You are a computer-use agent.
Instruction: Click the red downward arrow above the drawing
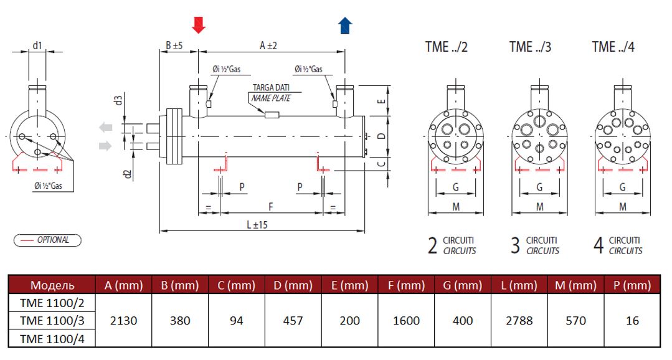(x=199, y=26)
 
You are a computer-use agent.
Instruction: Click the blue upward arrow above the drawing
(x=345, y=26)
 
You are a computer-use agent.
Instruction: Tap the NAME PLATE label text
(x=271, y=98)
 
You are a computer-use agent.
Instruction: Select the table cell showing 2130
(x=123, y=321)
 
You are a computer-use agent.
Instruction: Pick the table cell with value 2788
(x=519, y=321)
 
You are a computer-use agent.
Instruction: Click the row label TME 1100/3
(x=52, y=321)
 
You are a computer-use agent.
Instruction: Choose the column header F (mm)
(x=406, y=285)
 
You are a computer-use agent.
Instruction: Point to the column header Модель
(x=52, y=285)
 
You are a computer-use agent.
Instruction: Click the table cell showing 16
(x=632, y=321)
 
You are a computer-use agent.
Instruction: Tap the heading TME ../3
(x=530, y=47)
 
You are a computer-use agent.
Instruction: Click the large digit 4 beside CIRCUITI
(x=599, y=245)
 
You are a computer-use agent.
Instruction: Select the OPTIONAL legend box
(x=47, y=240)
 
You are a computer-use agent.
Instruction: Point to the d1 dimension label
(x=37, y=45)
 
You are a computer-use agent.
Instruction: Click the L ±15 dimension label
(x=257, y=225)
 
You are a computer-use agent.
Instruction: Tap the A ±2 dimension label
(x=268, y=45)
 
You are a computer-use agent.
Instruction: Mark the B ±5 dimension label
(x=174, y=45)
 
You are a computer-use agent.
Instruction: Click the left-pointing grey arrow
(x=105, y=127)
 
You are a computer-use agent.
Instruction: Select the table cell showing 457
(x=293, y=321)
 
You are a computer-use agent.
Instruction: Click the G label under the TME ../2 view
(x=455, y=187)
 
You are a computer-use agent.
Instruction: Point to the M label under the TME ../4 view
(x=623, y=207)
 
